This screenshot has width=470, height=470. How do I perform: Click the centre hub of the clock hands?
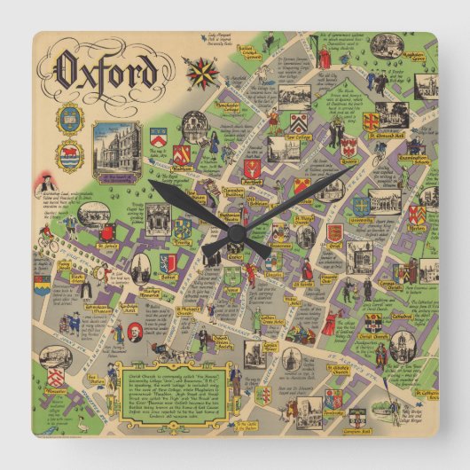[236, 234]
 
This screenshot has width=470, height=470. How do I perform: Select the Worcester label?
[56, 389]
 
